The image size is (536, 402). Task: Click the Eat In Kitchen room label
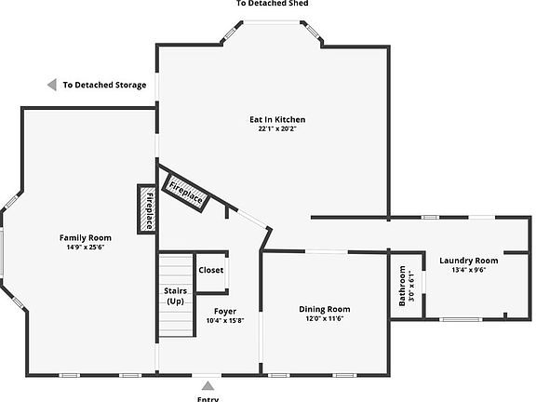pos(276,119)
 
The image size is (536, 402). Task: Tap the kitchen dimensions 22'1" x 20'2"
pos(276,129)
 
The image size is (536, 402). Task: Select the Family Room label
pos(86,237)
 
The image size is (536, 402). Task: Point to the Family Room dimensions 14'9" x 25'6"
pos(86,248)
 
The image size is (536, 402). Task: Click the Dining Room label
pos(324,309)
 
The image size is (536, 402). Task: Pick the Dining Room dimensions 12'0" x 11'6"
pos(324,319)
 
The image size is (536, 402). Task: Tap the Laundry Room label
pos(468,261)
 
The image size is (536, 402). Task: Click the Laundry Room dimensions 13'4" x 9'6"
pos(468,271)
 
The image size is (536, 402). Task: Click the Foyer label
pos(224,311)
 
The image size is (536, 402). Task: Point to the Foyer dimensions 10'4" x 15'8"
pos(224,321)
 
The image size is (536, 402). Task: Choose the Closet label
pos(211,270)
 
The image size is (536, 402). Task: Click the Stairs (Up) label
pos(175,296)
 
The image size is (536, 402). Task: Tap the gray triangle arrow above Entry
pos(208,384)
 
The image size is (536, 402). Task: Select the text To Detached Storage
pos(104,85)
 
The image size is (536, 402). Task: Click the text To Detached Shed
pos(272,4)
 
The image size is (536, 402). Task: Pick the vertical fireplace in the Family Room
pos(146,209)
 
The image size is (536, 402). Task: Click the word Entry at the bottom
pos(208,398)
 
